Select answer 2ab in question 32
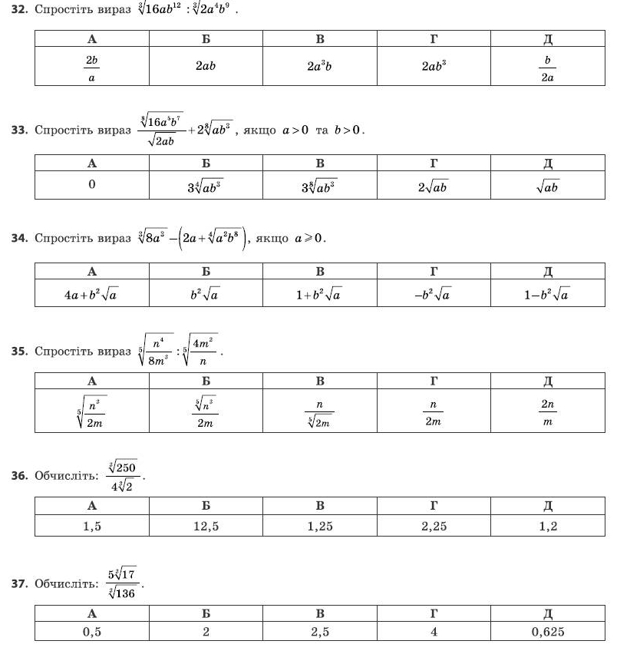click(206, 66)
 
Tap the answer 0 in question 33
click(91, 185)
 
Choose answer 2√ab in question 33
click(434, 186)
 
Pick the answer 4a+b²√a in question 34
click(91, 293)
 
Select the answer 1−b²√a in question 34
click(547, 293)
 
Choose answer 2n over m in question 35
click(547, 412)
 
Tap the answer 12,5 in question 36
click(206, 526)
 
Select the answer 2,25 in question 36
click(434, 526)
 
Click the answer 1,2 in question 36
click(547, 526)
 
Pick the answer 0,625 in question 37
click(547, 632)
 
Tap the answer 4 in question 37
click(434, 632)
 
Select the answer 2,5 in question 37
click(320, 632)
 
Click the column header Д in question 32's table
click(547, 38)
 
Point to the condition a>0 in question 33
click(295, 130)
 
